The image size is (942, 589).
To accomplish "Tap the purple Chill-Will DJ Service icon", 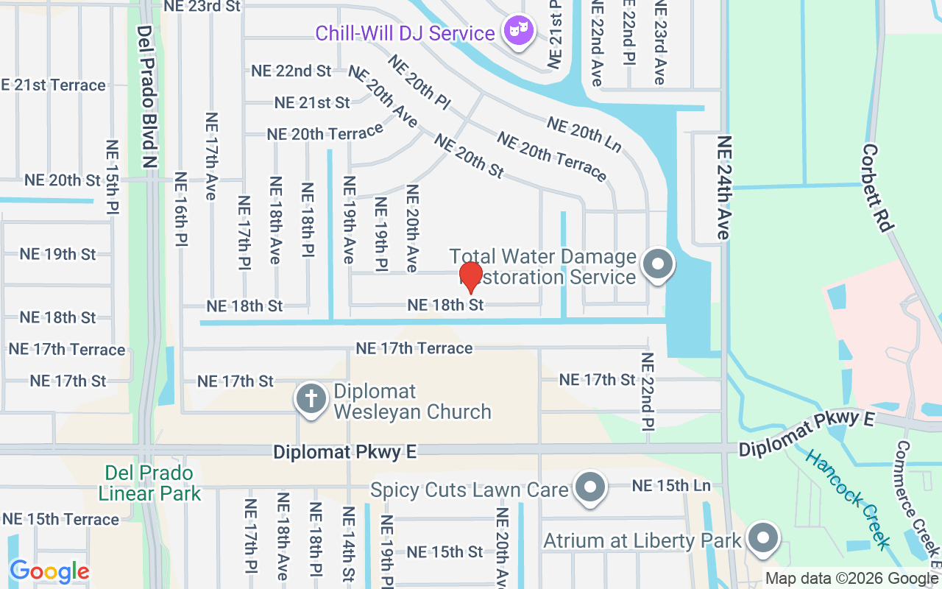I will coord(519,32).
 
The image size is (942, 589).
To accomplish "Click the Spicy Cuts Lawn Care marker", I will coord(589,487).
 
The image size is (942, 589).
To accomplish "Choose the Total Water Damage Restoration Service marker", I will coord(657,264).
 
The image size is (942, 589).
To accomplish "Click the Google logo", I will coord(49,571).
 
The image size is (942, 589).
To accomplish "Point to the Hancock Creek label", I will coord(849,498).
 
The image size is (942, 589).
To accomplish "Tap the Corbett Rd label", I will coord(877,187).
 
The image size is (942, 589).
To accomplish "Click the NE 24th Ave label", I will coord(724,187).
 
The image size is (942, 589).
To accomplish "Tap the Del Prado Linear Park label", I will coord(149,483).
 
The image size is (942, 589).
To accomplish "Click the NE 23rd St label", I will coord(202,6).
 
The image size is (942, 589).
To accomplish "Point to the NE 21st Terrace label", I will coord(54,85).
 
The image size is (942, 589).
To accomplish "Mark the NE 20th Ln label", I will coord(584,135).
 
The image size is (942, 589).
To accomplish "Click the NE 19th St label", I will coord(57,254).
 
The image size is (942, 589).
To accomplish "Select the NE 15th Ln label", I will coord(671,486).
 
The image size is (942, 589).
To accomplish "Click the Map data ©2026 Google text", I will coord(851,579).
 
